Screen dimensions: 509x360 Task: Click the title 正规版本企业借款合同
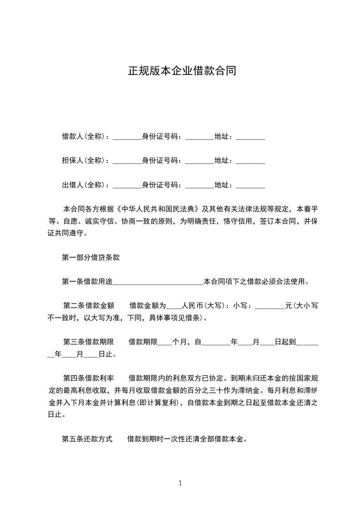[x=182, y=71]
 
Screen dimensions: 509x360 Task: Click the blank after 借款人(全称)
[x=127, y=137]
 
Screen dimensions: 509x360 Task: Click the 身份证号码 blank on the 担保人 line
[x=200, y=162]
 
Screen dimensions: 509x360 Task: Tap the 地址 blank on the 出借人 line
[x=251, y=186]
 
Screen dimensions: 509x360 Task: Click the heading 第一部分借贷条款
[x=91, y=258]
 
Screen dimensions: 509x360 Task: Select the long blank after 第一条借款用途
[x=158, y=283]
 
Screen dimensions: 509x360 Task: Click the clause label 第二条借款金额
[x=89, y=306]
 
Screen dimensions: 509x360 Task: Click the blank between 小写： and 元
[x=270, y=307]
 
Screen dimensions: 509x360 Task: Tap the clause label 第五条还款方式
[x=87, y=439]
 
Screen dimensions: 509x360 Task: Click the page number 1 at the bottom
[x=180, y=483]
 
